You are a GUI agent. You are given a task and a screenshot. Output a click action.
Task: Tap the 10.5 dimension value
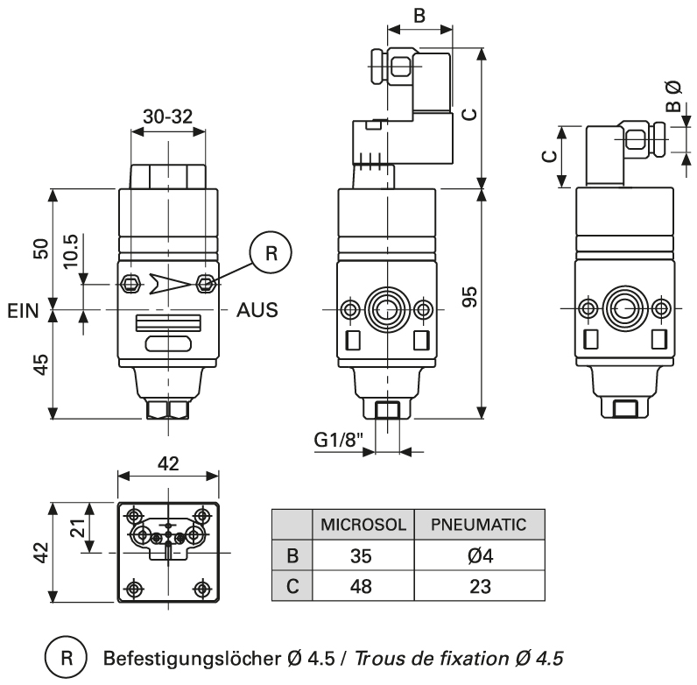click(x=71, y=251)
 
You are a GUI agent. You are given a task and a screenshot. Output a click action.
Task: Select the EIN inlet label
click(x=24, y=310)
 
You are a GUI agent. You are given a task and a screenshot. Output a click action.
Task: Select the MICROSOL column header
click(x=363, y=526)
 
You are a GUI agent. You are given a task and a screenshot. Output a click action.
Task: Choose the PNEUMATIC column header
click(x=478, y=526)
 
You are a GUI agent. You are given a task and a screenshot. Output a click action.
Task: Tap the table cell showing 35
click(x=363, y=555)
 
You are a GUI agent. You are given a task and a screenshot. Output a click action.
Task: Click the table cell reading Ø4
click(x=478, y=555)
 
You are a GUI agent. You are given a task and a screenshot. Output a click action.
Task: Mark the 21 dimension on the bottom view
click(x=76, y=526)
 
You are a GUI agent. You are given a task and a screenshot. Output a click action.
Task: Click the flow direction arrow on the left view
click(x=167, y=282)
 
